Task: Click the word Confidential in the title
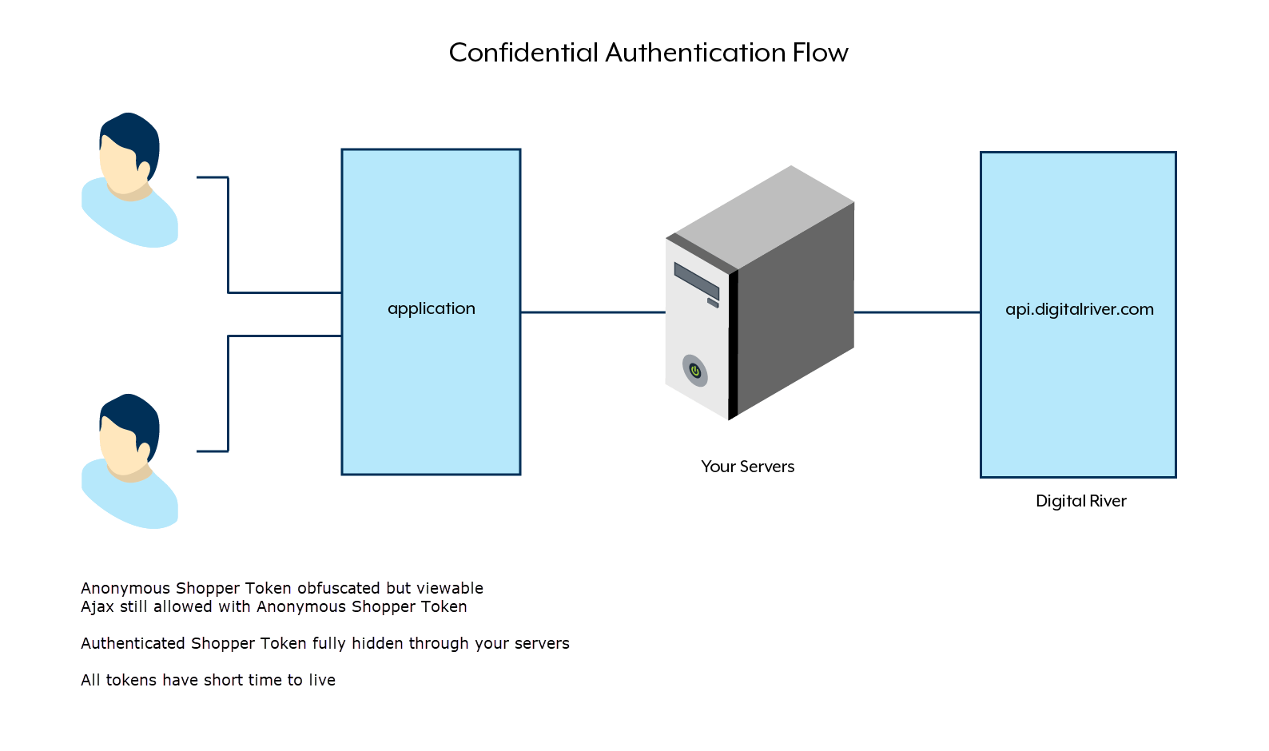(523, 53)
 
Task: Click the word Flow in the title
(820, 53)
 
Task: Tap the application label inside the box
(431, 308)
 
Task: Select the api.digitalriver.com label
(1079, 309)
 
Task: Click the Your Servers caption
(747, 467)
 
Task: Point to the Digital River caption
(1080, 501)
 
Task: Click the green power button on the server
(695, 371)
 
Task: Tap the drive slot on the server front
(695, 280)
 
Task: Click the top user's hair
(132, 132)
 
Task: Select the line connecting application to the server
(591, 312)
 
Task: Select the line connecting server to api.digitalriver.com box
(917, 312)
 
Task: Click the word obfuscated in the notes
(337, 588)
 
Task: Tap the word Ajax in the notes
(97, 606)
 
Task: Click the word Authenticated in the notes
(133, 643)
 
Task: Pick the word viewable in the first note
(450, 588)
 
